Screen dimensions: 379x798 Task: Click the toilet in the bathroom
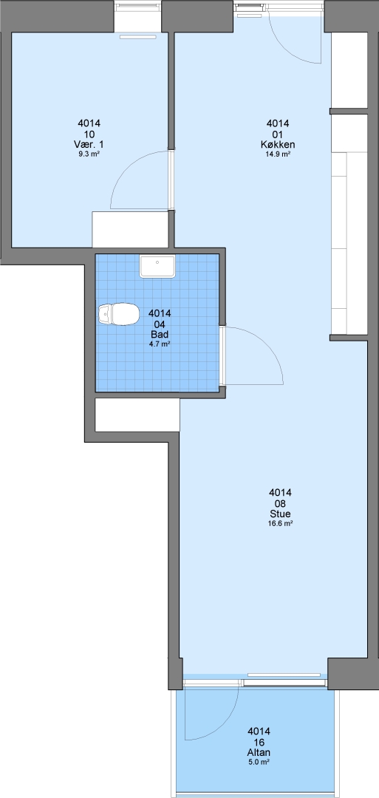118,314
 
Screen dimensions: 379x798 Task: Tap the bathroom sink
157,267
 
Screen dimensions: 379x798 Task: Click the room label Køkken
277,145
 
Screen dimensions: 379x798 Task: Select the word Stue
280,514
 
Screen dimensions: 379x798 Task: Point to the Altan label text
259,753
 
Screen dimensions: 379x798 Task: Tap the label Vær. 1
89,145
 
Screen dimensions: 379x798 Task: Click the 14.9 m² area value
278,154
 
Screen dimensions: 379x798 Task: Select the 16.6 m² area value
280,522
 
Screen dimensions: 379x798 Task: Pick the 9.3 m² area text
89,154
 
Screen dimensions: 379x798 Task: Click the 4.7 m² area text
160,344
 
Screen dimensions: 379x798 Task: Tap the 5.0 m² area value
259,762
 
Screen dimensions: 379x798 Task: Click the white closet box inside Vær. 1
130,230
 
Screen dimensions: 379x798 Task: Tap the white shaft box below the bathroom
137,415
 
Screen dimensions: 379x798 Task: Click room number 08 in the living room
280,503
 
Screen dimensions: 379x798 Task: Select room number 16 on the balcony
259,743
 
